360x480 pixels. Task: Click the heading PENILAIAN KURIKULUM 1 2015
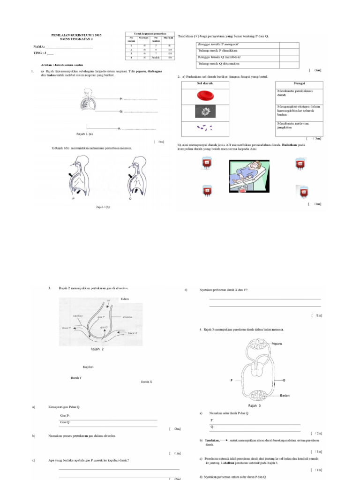pos(75,35)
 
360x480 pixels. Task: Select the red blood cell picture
pos(205,96)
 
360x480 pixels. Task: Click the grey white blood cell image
pos(205,112)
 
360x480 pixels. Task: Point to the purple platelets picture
pos(205,127)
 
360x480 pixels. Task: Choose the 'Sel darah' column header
pos(204,83)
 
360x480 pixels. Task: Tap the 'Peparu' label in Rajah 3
pos(278,344)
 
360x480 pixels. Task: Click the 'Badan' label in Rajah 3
pos(285,395)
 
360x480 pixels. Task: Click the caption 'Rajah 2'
pos(97,349)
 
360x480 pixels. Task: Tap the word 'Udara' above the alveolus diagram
pos(125,299)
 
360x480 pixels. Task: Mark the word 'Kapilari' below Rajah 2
pos(88,367)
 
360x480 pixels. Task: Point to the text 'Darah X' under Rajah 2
pos(147,382)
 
